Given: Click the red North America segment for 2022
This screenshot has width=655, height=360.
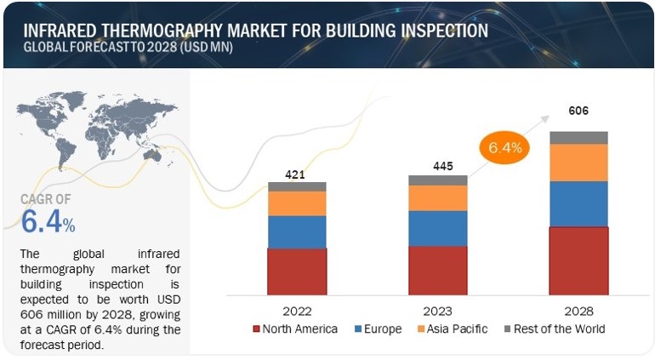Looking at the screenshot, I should click(x=297, y=271).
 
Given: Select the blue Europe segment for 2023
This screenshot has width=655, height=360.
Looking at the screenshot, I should click(x=437, y=228).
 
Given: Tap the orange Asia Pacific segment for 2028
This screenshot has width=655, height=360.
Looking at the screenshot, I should click(x=578, y=163).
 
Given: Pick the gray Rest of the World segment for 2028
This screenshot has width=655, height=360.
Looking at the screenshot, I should click(x=578, y=138).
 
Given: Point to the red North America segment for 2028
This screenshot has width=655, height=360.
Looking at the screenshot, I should click(x=578, y=260).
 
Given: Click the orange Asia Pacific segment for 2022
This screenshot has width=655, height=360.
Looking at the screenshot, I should click(x=297, y=203).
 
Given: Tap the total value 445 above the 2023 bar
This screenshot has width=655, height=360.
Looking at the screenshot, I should click(x=436, y=168).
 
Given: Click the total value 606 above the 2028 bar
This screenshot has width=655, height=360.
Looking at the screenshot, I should click(x=578, y=111).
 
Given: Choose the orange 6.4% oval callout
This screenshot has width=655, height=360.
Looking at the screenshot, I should click(x=505, y=146).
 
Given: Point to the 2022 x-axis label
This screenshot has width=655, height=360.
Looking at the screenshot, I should click(x=297, y=311).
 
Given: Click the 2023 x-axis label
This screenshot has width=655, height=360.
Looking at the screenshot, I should click(x=437, y=311).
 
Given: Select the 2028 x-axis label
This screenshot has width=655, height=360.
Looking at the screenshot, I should click(x=578, y=311).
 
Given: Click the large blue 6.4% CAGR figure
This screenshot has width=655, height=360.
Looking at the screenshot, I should click(x=48, y=223).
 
